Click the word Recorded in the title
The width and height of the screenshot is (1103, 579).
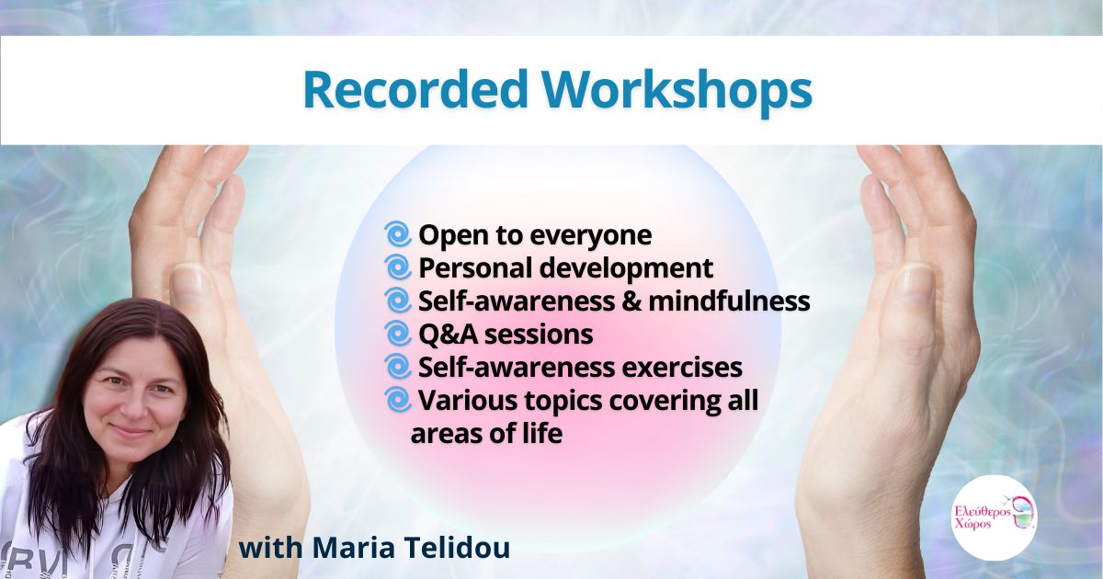pyautogui.click(x=415, y=90)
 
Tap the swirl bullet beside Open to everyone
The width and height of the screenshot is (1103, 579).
pyautogui.click(x=398, y=233)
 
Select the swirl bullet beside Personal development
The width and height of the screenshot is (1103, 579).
pyautogui.click(x=398, y=267)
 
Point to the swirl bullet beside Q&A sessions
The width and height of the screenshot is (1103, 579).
pyautogui.click(x=398, y=334)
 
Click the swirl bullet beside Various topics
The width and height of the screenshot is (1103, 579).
pyautogui.click(x=398, y=400)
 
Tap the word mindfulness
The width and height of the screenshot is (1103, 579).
pyautogui.click(x=729, y=301)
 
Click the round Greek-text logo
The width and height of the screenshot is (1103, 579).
pyautogui.click(x=995, y=517)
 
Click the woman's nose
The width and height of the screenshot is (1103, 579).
pyautogui.click(x=132, y=408)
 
